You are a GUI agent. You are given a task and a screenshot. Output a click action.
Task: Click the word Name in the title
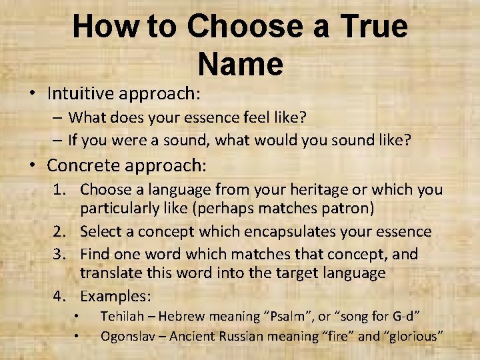(x=240, y=65)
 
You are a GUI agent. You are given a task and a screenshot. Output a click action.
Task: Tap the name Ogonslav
(x=125, y=335)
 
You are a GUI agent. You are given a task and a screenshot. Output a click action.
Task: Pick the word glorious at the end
(x=415, y=335)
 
